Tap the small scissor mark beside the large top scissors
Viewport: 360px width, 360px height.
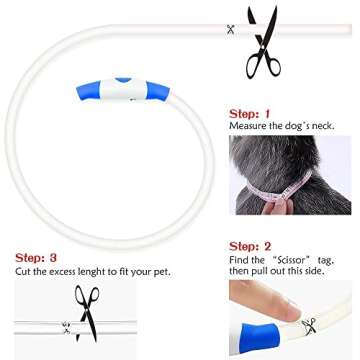[231, 29]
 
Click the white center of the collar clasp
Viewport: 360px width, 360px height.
[123, 90]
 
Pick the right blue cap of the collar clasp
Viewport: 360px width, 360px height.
[158, 91]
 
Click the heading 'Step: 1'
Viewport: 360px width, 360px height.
[249, 114]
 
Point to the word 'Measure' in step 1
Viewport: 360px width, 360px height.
[245, 126]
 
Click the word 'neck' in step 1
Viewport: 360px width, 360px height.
[323, 126]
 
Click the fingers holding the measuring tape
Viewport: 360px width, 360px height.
[277, 207]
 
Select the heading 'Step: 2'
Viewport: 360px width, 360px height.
[250, 247]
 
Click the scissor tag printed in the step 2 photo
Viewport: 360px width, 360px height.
[309, 326]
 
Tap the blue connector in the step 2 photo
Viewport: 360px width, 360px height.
[259, 337]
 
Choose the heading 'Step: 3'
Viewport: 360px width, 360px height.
[36, 258]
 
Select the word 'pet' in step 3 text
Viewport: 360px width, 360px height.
[162, 272]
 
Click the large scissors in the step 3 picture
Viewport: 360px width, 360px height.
[87, 313]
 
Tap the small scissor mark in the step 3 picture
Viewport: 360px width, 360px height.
[66, 328]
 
